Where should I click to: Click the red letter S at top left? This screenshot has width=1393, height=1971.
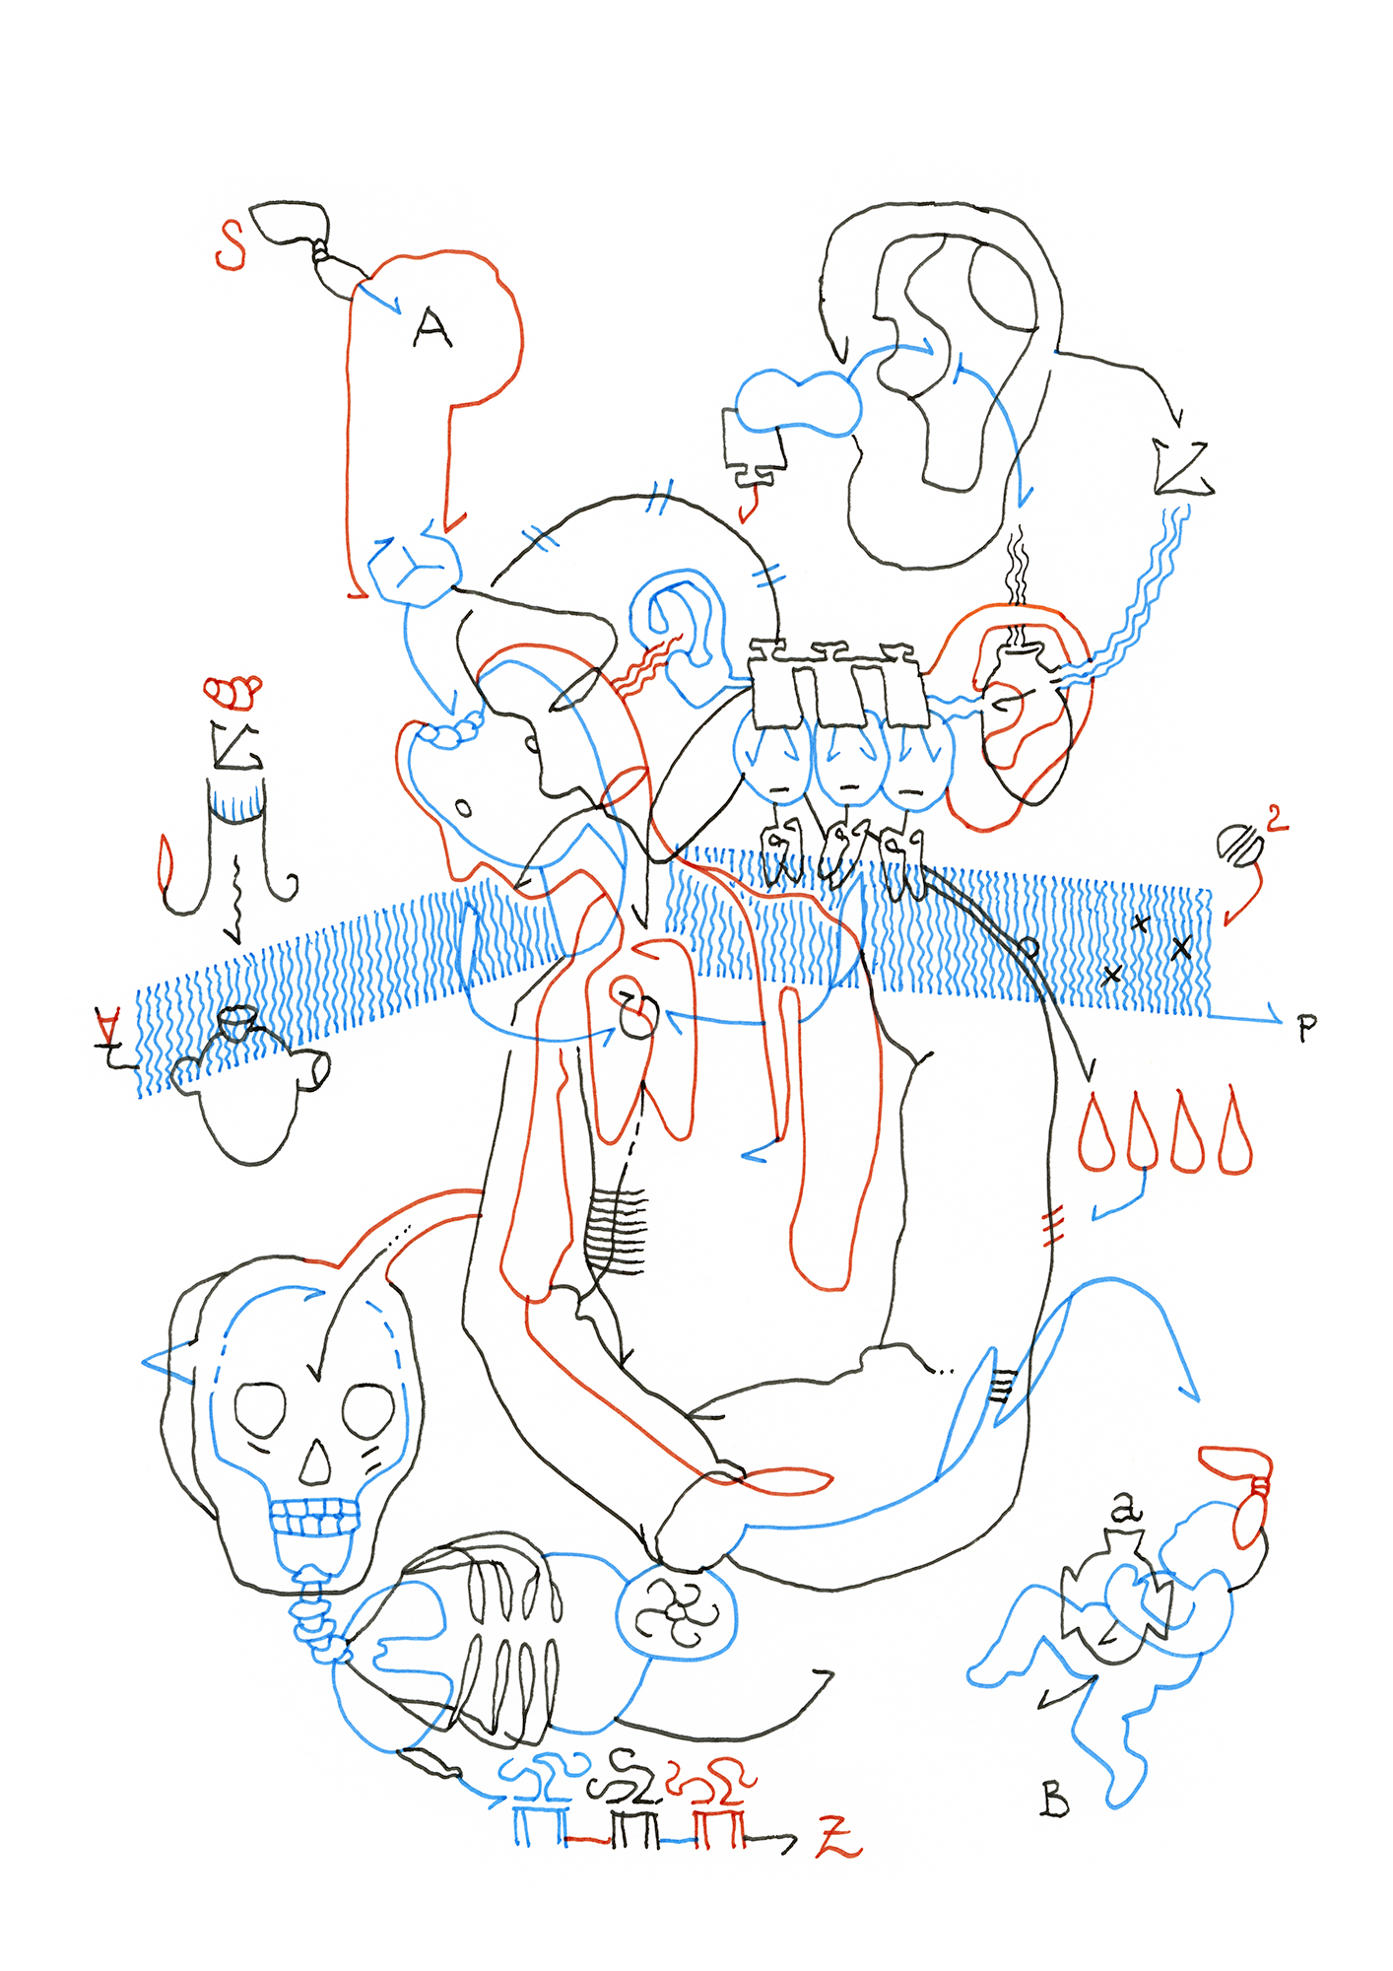[231, 245]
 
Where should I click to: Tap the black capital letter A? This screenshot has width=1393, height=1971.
[431, 329]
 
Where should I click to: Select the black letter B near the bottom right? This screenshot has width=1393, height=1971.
[1054, 1800]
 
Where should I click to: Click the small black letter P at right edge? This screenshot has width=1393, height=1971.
[1306, 1028]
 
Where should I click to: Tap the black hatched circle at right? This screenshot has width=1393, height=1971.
[1239, 846]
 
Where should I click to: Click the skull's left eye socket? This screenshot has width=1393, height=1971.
[260, 1410]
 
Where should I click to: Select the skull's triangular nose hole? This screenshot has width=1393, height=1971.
[315, 1464]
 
